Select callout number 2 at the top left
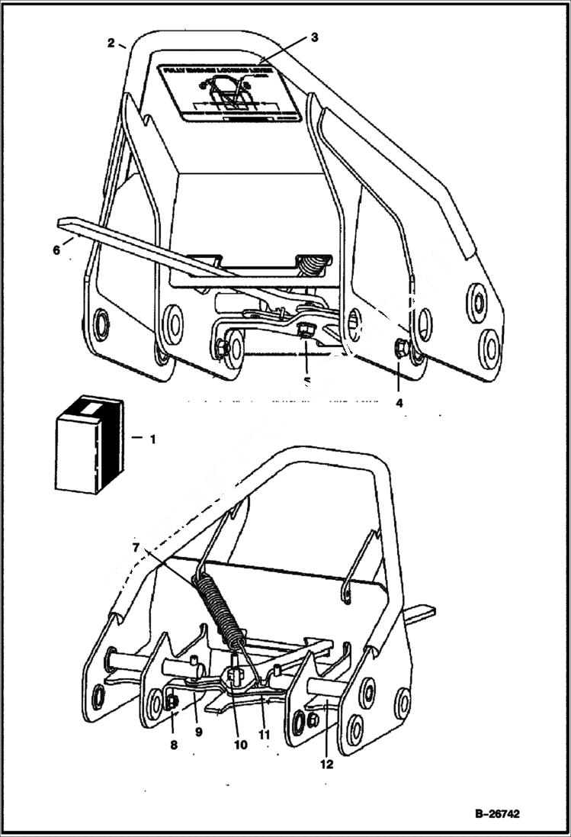[x=111, y=43]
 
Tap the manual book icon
[x=89, y=443]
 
